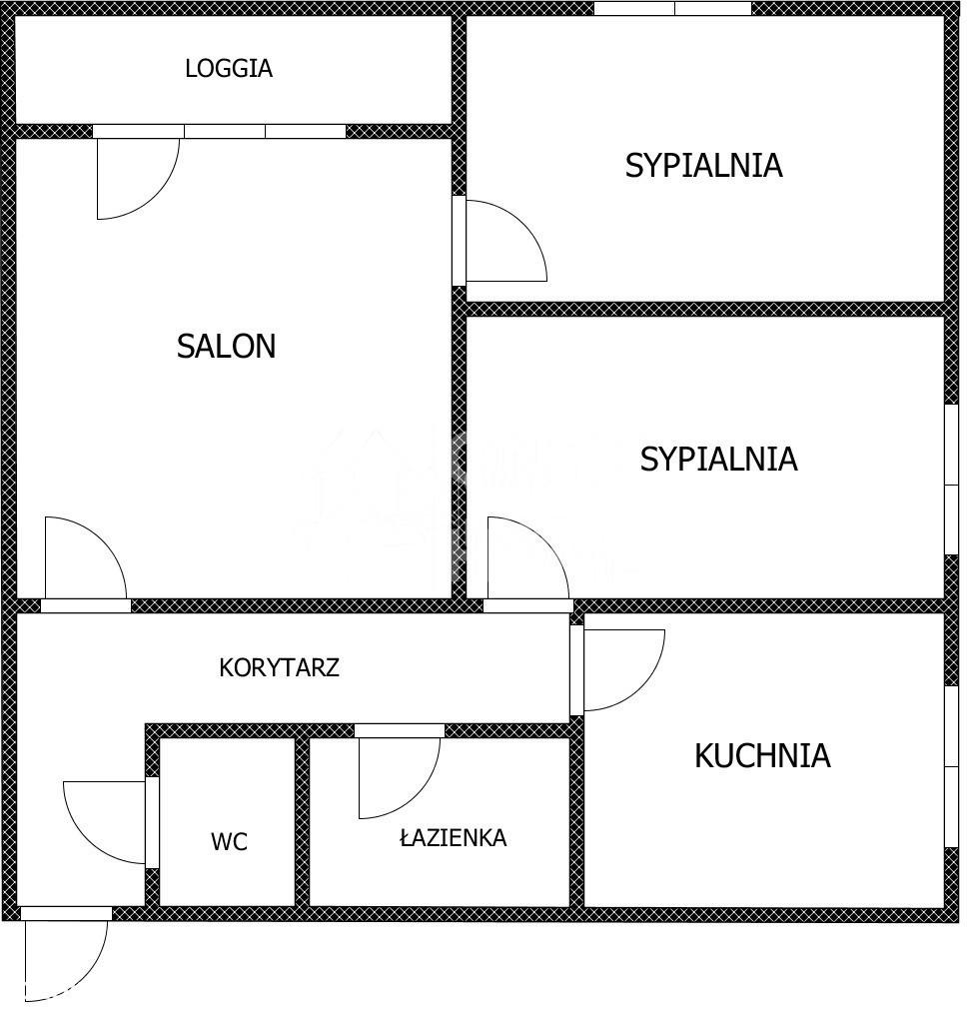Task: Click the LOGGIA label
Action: [229, 69]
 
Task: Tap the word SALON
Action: [227, 347]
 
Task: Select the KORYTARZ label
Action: [279, 667]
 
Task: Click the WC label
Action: [229, 841]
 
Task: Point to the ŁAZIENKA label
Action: [454, 837]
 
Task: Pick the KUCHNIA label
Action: [762, 755]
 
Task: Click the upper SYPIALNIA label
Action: [703, 165]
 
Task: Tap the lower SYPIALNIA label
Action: [718, 459]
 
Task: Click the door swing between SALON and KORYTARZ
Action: [104, 540]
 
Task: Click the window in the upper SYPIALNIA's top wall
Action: [673, 8]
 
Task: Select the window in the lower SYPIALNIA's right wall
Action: [951, 480]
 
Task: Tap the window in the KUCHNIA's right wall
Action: [951, 767]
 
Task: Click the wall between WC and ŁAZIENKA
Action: [303, 822]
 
